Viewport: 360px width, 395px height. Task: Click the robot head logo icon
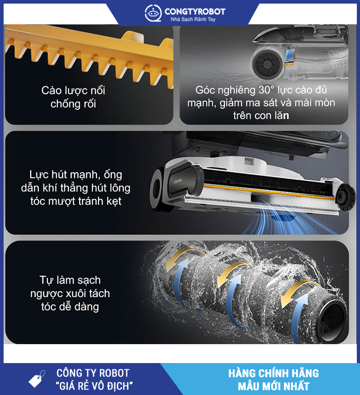pyautogui.click(x=153, y=13)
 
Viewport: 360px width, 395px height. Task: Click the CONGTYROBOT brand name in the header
pyautogui.click(x=195, y=11)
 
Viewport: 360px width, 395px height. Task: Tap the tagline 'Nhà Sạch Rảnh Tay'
pyautogui.click(x=193, y=19)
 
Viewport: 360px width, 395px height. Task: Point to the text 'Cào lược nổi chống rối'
pyautogui.click(x=73, y=97)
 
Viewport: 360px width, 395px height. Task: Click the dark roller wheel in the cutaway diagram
pyautogui.click(x=268, y=64)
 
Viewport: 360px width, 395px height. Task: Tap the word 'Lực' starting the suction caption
pyautogui.click(x=39, y=175)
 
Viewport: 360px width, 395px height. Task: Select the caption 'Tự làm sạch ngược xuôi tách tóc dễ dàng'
pyautogui.click(x=70, y=293)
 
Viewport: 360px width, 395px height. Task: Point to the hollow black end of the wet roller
pyautogui.click(x=333, y=318)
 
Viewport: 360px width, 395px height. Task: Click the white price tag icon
pyautogui.click(x=37, y=379)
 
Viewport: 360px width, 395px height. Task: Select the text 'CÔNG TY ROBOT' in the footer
pyautogui.click(x=93, y=373)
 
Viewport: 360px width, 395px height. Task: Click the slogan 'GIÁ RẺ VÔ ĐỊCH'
pyautogui.click(x=94, y=386)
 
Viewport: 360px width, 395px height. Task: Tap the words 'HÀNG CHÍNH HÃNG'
pyautogui.click(x=274, y=373)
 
